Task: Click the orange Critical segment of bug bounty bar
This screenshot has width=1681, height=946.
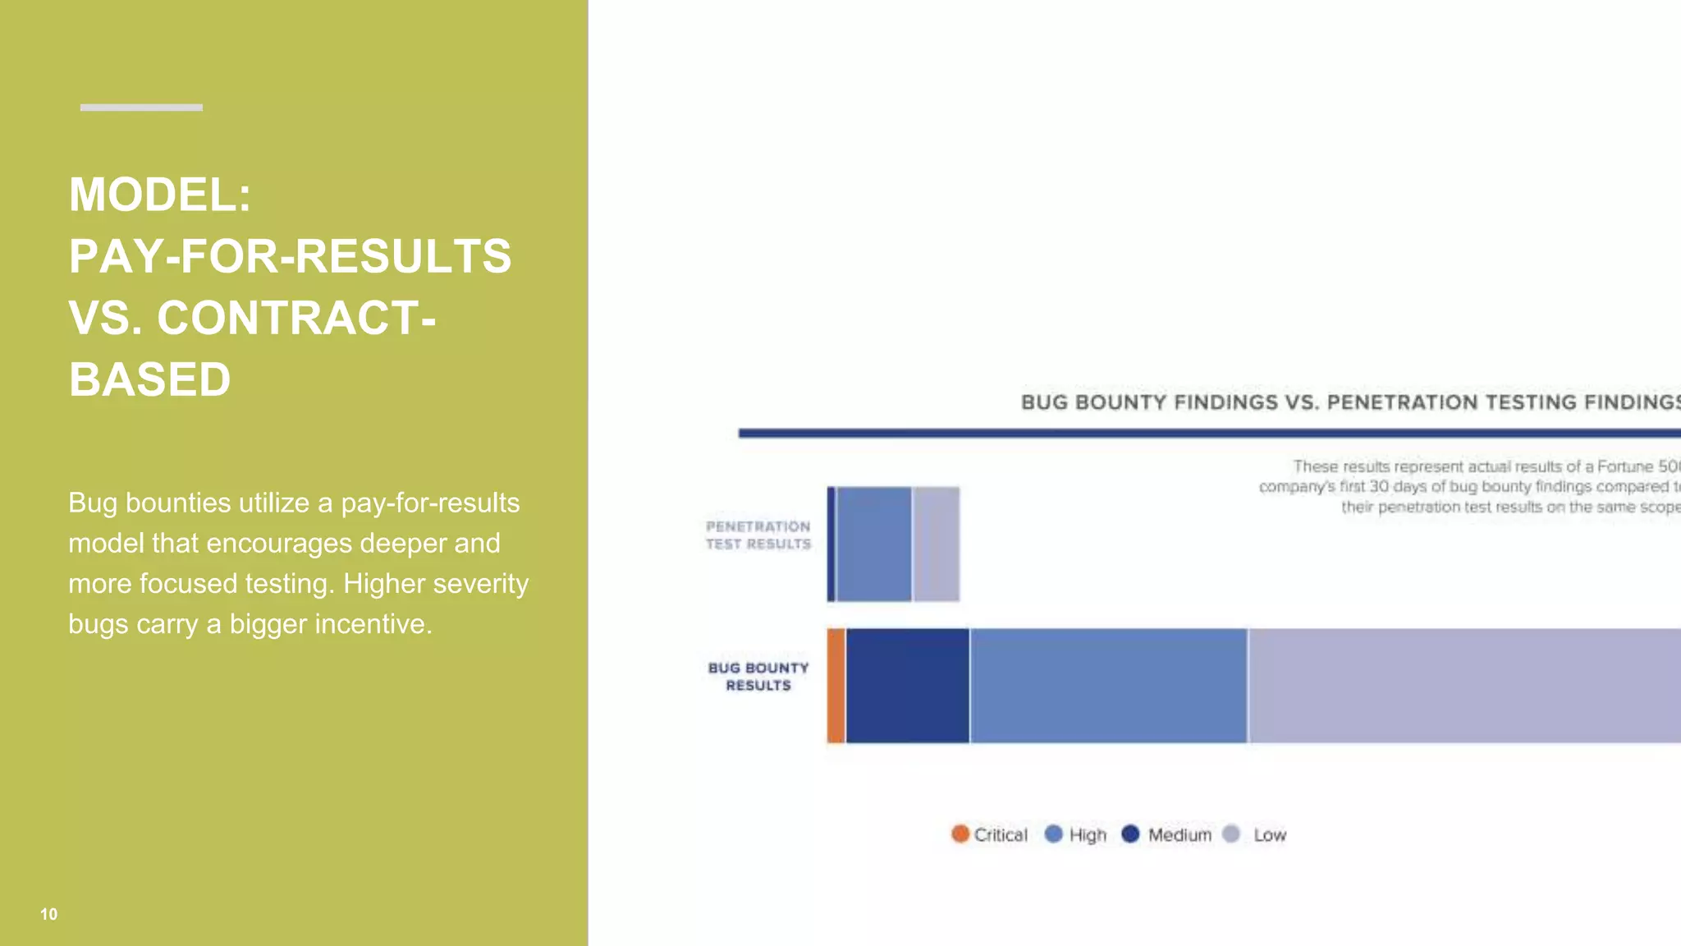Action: pyautogui.click(x=836, y=686)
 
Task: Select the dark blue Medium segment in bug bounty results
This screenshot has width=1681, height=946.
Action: pyautogui.click(x=907, y=686)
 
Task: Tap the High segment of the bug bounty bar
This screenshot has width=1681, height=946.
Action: pyautogui.click(x=1108, y=686)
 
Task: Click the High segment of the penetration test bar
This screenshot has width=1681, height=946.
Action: pyautogui.click(x=874, y=544)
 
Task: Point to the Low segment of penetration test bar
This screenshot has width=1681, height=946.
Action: pyautogui.click(x=937, y=544)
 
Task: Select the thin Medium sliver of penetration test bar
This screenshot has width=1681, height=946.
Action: pyautogui.click(x=831, y=544)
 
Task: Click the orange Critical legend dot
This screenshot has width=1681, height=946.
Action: pyautogui.click(x=960, y=834)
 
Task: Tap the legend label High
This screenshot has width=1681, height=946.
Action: pyautogui.click(x=1088, y=835)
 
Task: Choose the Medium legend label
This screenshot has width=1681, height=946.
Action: pyautogui.click(x=1179, y=835)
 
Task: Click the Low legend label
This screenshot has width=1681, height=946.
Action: pyautogui.click(x=1269, y=835)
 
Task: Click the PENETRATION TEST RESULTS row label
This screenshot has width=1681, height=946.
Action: pyautogui.click(x=758, y=535)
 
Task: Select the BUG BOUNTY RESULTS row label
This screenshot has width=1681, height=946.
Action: pyautogui.click(x=758, y=677)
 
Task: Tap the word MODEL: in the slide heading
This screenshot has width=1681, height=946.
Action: pyautogui.click(x=160, y=195)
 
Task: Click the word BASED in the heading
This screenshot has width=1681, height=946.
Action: pyautogui.click(x=149, y=379)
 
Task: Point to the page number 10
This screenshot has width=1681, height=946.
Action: pyautogui.click(x=48, y=914)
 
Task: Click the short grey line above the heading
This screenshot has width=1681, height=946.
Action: pyautogui.click(x=141, y=108)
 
